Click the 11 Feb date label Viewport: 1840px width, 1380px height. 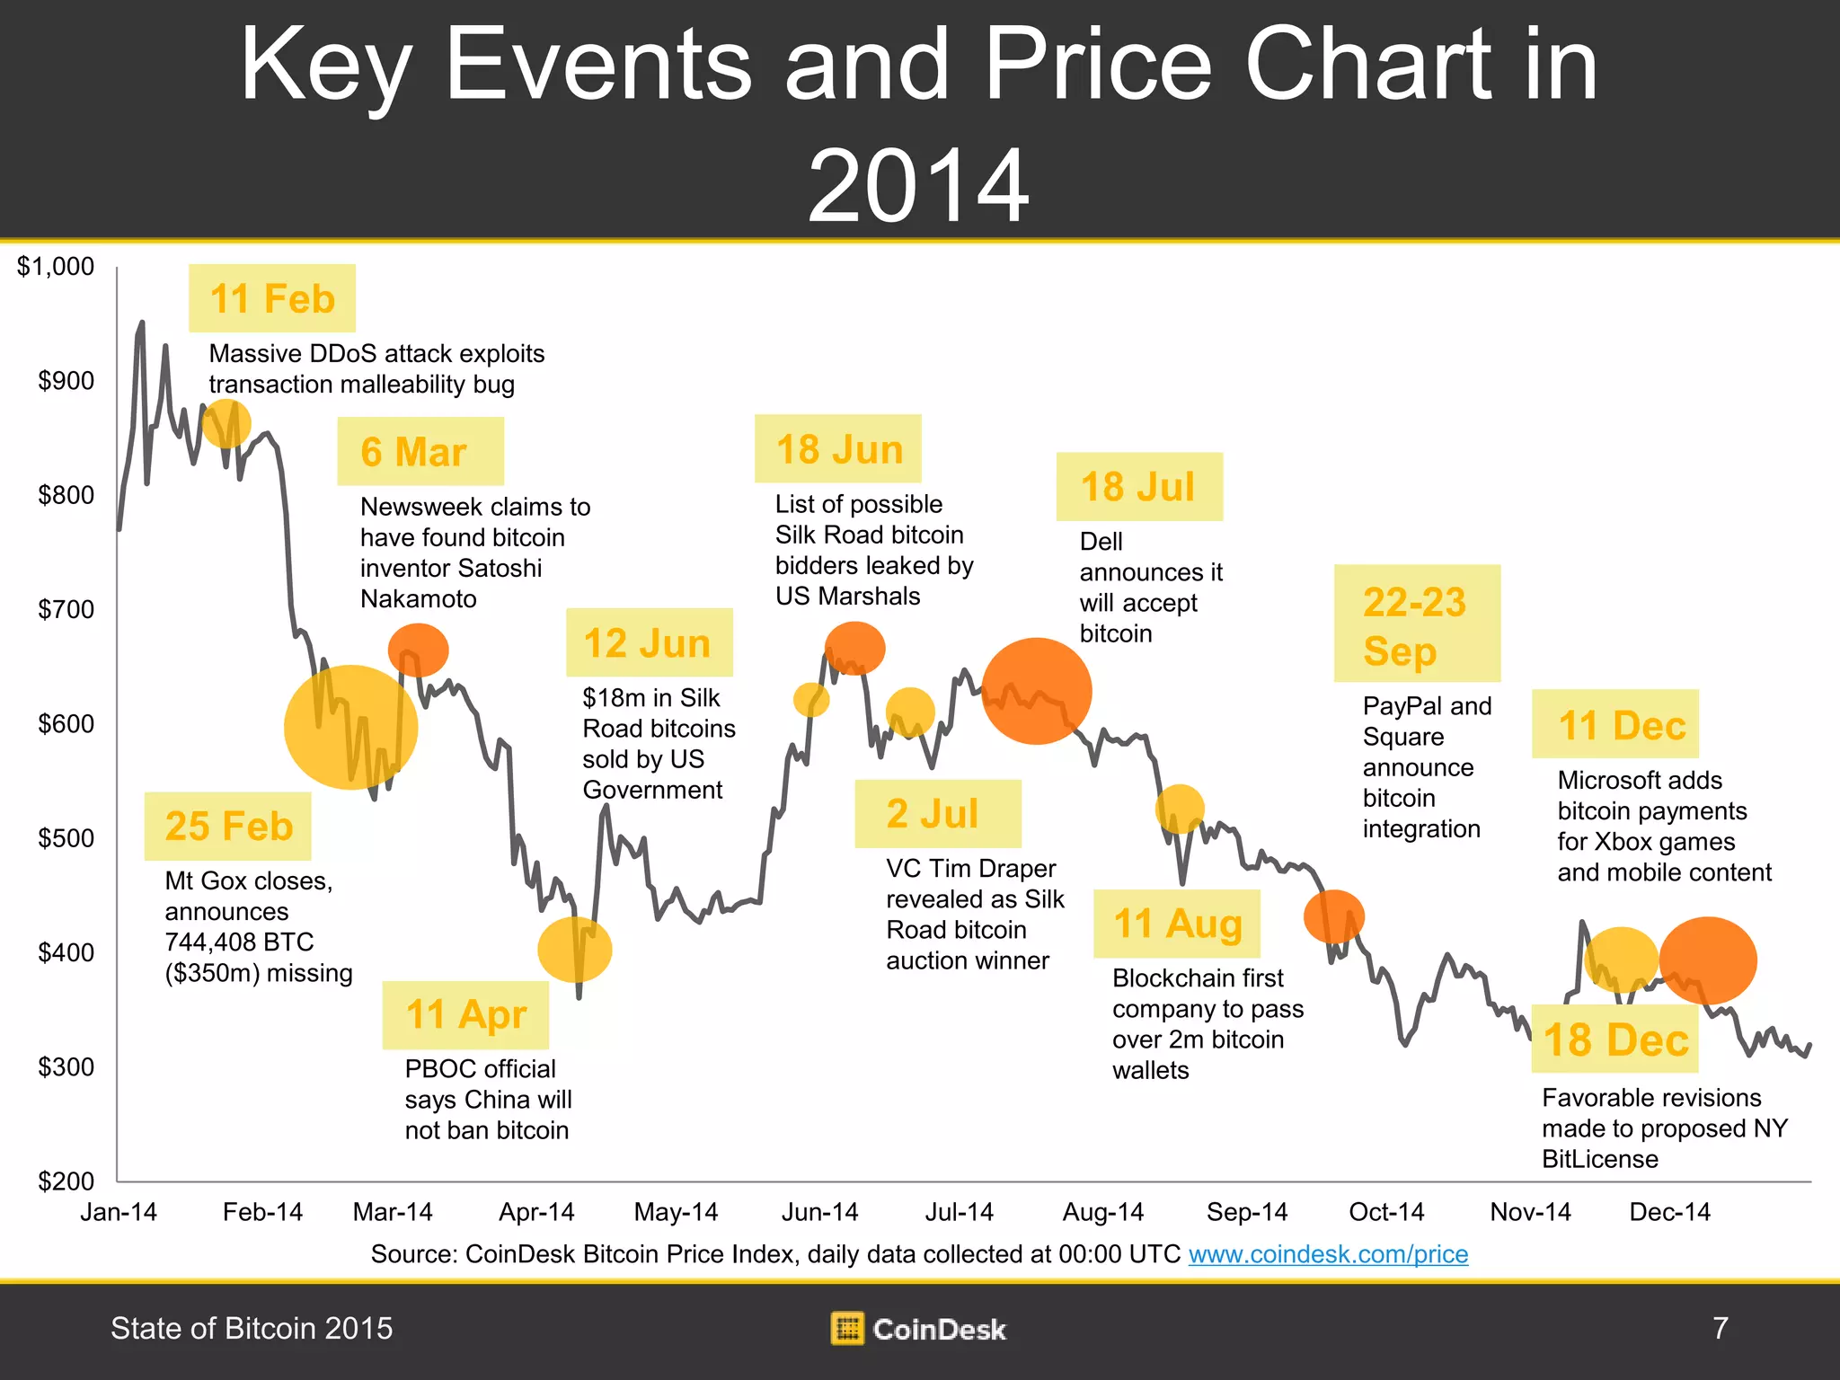point(271,298)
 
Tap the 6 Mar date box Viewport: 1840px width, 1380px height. point(420,451)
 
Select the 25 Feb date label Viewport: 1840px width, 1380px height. point(227,826)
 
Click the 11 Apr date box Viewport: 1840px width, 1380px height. point(465,1014)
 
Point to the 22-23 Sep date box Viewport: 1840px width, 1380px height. point(1416,624)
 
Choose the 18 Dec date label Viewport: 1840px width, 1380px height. point(1614,1039)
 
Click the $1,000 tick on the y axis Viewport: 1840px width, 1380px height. point(56,267)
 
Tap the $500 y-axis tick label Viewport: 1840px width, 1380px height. point(65,838)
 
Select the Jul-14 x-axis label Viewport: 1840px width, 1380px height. point(959,1212)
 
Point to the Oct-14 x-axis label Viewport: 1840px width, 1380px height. point(1386,1212)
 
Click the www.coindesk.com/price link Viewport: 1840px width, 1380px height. point(1328,1254)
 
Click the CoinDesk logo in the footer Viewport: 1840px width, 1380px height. point(918,1329)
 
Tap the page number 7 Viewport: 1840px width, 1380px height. point(1720,1328)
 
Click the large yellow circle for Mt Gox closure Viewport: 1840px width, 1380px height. point(350,727)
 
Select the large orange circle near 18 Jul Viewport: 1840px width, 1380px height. point(1036,691)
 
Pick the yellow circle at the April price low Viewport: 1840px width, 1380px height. point(575,950)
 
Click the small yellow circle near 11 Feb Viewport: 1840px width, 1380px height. point(226,423)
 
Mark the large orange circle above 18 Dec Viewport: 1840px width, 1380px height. point(1707,960)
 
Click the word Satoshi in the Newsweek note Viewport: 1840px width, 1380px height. point(499,568)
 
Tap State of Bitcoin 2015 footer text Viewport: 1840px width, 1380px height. point(252,1328)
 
